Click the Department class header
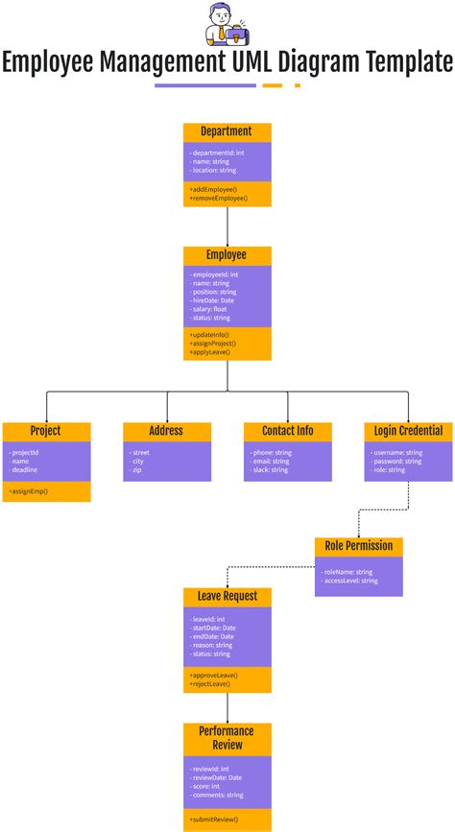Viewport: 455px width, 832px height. [x=227, y=131]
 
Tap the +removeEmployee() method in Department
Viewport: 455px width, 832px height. [x=219, y=198]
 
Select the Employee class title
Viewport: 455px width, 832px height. [x=227, y=255]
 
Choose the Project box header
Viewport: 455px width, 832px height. [x=46, y=431]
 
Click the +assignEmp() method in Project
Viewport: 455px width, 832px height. [x=29, y=491]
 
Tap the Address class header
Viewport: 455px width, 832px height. [x=166, y=431]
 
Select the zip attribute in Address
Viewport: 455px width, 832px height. [x=137, y=470]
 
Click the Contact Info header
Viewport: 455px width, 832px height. [x=287, y=431]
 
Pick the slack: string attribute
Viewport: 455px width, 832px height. [x=269, y=470]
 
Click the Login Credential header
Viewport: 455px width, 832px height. [x=408, y=431]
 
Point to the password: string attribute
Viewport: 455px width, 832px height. [x=397, y=461]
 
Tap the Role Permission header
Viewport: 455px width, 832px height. [x=358, y=545]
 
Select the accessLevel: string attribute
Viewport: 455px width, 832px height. [x=350, y=581]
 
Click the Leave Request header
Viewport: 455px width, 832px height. [x=227, y=596]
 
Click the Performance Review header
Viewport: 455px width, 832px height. [x=227, y=737]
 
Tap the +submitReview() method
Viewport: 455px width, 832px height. [x=213, y=819]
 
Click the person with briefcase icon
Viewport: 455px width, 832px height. [x=227, y=24]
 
